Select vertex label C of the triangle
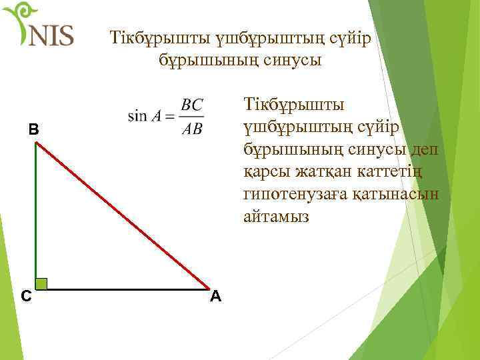point(24,295)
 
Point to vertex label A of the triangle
point(215,296)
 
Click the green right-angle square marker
point(41,283)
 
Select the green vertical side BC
point(35,213)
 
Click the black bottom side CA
point(127,289)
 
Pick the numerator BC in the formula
point(192,105)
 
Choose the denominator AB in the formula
point(192,128)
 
